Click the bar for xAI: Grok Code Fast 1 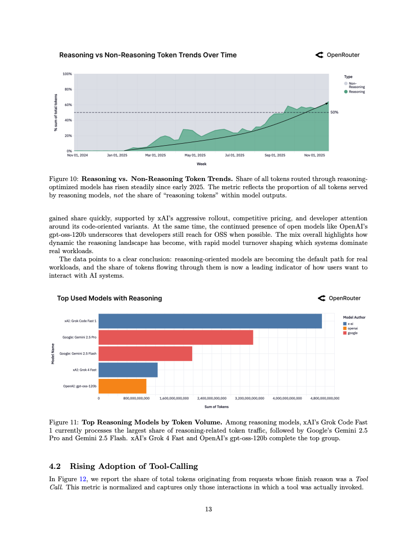point(210,321)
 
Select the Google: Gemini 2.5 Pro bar point(175,337)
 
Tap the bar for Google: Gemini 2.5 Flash point(145,354)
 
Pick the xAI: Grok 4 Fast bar point(128,370)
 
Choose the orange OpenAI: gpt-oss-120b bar point(122,386)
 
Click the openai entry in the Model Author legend point(352,328)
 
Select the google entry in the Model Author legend point(352,333)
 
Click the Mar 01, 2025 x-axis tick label point(155,155)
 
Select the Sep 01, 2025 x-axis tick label point(275,155)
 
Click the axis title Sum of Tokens point(216,407)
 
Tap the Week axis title point(201,164)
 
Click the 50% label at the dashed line point(335,112)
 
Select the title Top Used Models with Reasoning point(109,298)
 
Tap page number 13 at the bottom point(208,509)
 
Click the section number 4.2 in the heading point(55,466)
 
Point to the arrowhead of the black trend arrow point(327,103)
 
